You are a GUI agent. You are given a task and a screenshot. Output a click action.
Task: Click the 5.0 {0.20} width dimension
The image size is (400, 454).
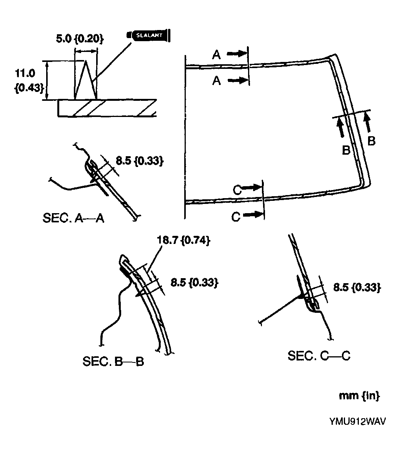pos(79,39)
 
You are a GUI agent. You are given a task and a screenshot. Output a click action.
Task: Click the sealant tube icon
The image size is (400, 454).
pos(149,36)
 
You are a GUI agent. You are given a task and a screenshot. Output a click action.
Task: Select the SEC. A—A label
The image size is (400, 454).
pos(73,218)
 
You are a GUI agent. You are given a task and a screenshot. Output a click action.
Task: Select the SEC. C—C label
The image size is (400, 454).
pos(319,356)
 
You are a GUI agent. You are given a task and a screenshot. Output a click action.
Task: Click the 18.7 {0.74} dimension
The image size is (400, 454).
pos(183,240)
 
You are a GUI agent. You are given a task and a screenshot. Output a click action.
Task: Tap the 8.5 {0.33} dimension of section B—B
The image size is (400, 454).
pos(194,282)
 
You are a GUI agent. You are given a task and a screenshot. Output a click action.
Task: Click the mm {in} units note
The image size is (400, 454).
pos(359,396)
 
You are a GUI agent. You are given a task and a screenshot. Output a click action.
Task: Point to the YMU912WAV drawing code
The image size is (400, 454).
pos(357,421)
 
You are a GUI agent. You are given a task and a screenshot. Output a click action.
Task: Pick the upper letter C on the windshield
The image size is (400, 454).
pos(238,189)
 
